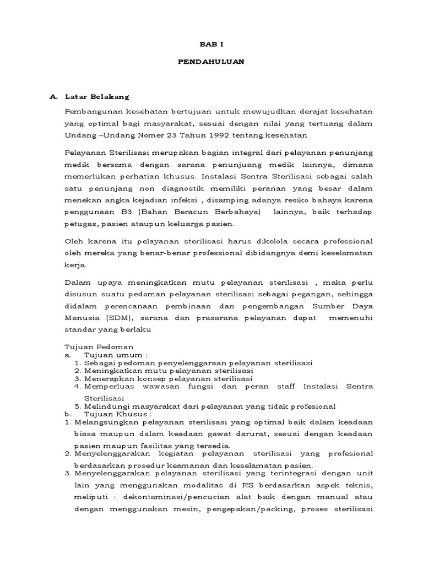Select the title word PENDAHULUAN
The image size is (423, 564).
point(211,62)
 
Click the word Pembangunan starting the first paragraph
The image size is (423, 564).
point(93,111)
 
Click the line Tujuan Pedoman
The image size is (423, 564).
point(92,348)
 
